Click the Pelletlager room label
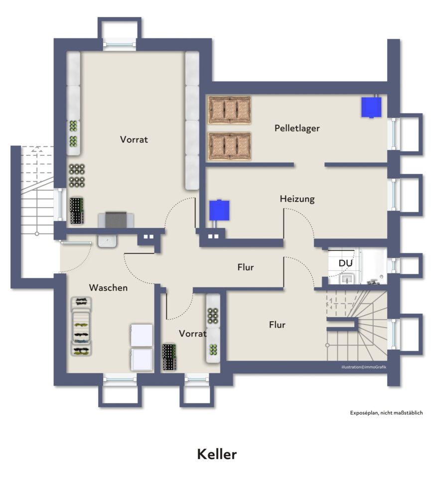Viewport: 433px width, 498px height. coord(297,128)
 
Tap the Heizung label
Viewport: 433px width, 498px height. coord(297,199)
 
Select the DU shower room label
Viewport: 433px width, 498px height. coord(346,263)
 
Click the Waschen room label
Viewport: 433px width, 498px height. coord(108,288)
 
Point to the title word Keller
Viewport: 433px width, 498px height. coord(217,454)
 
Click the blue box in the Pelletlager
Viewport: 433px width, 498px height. coord(371,107)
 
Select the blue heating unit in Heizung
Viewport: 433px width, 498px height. coord(219,210)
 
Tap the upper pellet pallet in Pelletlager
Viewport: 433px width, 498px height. coord(229,110)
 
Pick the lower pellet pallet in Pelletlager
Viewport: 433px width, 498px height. coord(229,146)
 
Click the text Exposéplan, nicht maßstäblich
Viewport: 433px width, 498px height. coord(386,413)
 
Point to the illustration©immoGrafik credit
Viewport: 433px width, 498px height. coord(364,367)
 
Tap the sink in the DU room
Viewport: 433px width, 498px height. coord(348,278)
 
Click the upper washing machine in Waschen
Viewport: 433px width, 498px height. coord(141,335)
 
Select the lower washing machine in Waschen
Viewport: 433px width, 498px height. coord(141,359)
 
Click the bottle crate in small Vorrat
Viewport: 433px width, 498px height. coord(169,357)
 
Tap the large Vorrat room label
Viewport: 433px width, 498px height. coord(134,139)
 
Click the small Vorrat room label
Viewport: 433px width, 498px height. coord(193,333)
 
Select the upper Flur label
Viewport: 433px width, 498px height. coord(246,267)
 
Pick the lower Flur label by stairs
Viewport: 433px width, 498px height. coord(277,325)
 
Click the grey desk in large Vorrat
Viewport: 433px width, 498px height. coord(116,220)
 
